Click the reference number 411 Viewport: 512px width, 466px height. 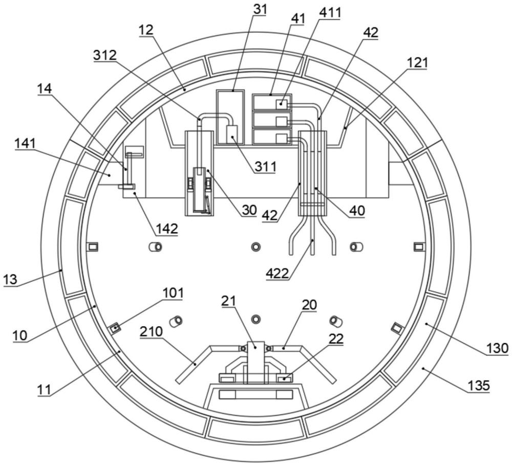click(x=330, y=13)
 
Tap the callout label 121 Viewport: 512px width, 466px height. click(x=416, y=62)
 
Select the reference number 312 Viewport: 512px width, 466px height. click(x=104, y=55)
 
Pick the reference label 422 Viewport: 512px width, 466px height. click(x=277, y=273)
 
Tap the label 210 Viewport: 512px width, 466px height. click(x=151, y=331)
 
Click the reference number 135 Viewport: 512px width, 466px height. click(x=478, y=386)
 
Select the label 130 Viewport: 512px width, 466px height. click(x=497, y=348)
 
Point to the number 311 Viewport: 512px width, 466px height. click(x=265, y=166)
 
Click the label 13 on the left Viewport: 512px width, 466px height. click(x=10, y=280)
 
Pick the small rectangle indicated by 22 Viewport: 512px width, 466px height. click(x=285, y=379)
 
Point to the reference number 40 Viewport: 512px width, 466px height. click(x=357, y=210)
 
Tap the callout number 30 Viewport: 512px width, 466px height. click(x=249, y=210)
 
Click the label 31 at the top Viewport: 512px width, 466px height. click(x=260, y=9)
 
